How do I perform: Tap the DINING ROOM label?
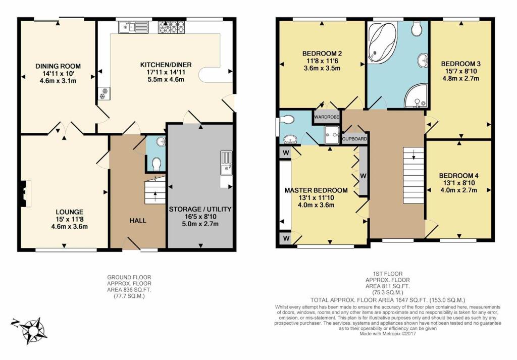click(58, 66)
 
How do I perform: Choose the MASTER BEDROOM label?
click(316, 190)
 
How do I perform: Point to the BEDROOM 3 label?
click(460, 64)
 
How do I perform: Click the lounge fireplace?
click(23, 194)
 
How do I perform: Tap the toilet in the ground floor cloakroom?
click(157, 163)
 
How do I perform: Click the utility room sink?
click(226, 162)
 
